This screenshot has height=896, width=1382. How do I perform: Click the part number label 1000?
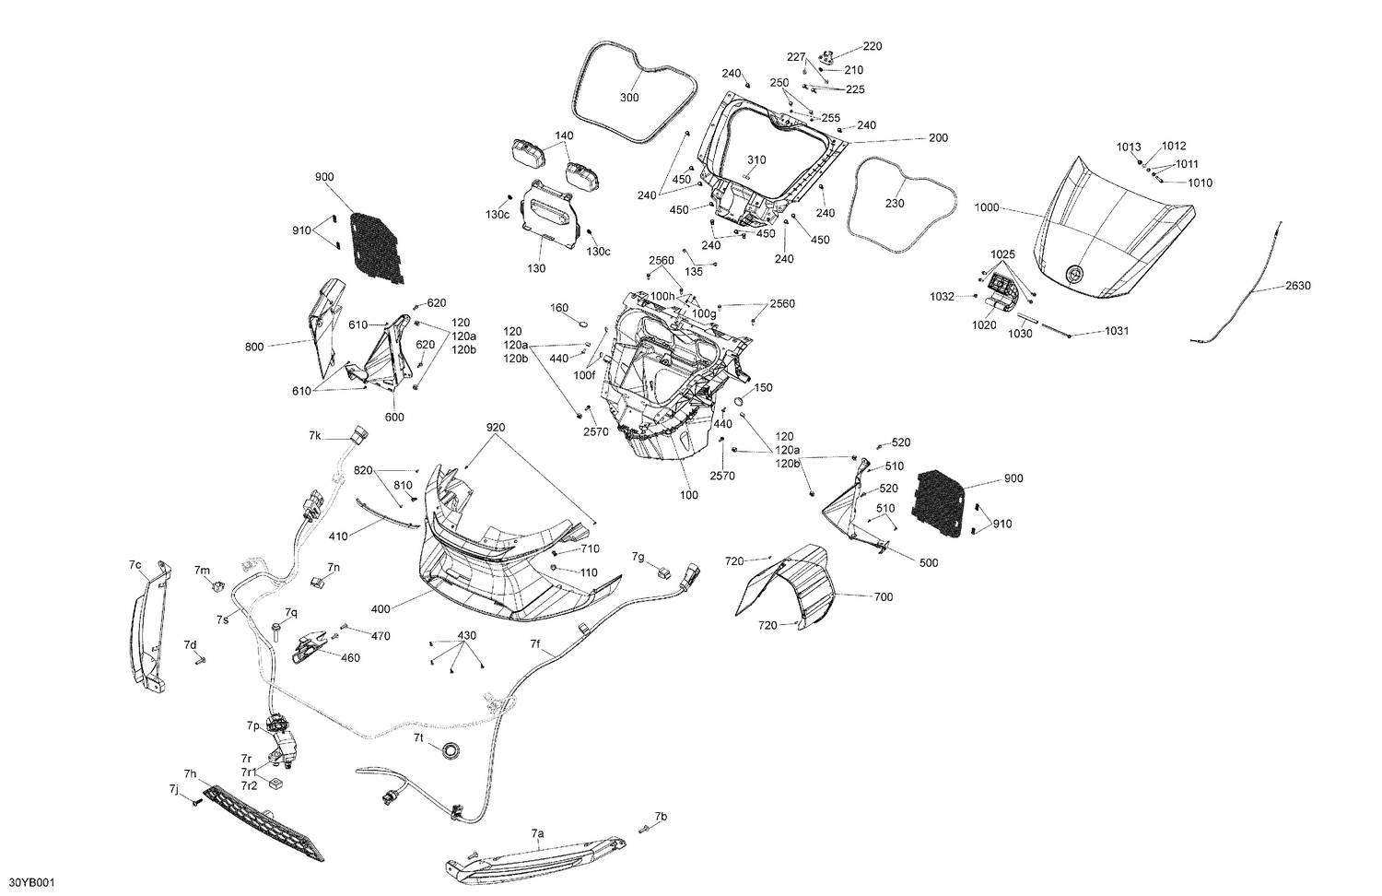[x=986, y=208]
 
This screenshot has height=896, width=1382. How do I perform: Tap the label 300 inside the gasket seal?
[x=628, y=98]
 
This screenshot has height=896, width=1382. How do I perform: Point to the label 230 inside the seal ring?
[x=895, y=204]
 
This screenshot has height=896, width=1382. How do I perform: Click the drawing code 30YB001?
[x=31, y=882]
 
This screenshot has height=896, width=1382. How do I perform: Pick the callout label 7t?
[x=418, y=738]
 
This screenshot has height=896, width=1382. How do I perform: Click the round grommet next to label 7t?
[x=451, y=751]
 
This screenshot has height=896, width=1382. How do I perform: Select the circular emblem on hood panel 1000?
[x=1073, y=274]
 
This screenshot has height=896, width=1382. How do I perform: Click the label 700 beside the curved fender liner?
[x=883, y=597]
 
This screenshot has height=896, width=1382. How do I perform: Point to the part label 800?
[x=254, y=347]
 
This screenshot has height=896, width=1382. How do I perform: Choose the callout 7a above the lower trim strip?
[x=538, y=833]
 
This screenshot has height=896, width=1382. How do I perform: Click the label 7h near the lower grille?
[x=190, y=773]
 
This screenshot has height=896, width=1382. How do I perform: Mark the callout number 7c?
[x=135, y=563]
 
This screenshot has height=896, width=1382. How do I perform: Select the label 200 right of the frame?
[x=937, y=138]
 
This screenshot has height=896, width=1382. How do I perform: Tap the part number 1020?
[x=984, y=324]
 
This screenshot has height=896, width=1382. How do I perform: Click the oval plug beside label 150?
[x=739, y=403]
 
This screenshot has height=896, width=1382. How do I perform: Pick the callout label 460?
[x=351, y=658]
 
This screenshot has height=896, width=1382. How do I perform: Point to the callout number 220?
[x=872, y=46]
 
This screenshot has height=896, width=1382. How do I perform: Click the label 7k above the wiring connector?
[x=315, y=434]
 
